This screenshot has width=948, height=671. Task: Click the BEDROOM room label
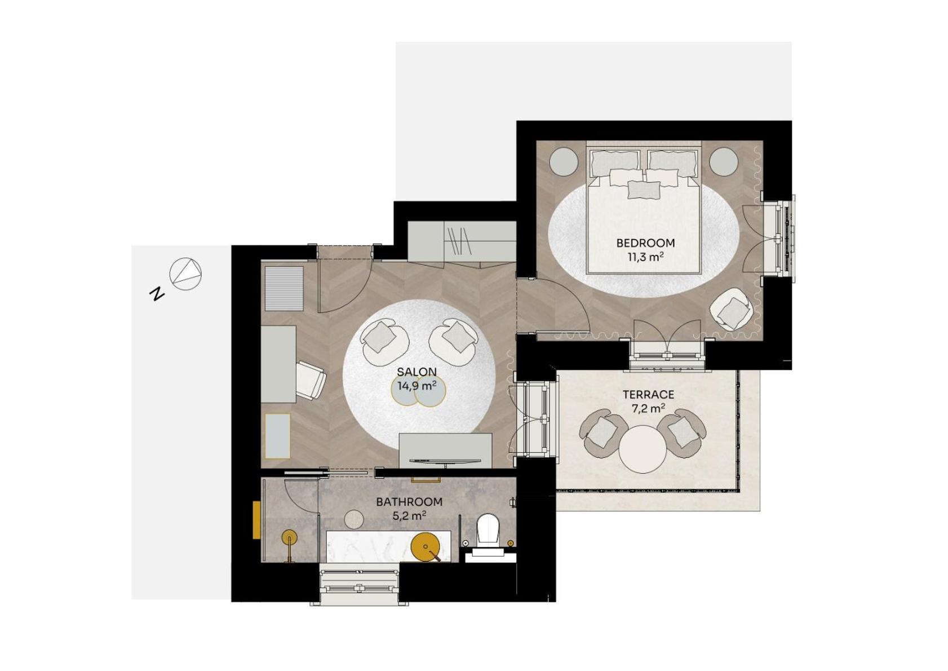(x=645, y=243)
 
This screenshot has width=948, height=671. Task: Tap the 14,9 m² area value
(x=417, y=386)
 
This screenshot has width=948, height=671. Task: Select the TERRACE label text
(x=648, y=395)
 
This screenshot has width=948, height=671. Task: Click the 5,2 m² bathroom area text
(x=409, y=515)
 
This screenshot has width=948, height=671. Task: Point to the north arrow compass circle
(x=185, y=274)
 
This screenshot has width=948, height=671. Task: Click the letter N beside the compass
(x=156, y=293)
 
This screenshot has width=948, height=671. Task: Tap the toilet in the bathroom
(x=488, y=530)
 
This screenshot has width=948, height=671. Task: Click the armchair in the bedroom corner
(x=732, y=309)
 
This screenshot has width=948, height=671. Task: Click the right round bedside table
(x=723, y=161)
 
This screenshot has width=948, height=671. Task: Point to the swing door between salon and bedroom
(x=558, y=304)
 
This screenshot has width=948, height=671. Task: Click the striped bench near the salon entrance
(x=284, y=288)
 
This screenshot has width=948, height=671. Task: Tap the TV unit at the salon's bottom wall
(x=445, y=450)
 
